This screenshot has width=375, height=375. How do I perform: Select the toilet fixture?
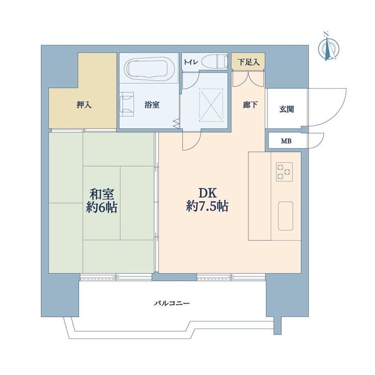[x=214, y=61]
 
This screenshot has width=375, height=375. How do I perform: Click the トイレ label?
[x=191, y=62]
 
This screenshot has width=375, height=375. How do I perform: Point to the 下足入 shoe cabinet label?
[x=248, y=62]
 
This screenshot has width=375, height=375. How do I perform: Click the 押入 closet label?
[x=84, y=105]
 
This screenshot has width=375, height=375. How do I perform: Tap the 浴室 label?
[x=152, y=105]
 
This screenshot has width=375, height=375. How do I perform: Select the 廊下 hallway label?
[x=250, y=105]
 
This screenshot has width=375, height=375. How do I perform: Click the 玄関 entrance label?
[x=287, y=109]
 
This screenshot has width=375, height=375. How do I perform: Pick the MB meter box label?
[x=286, y=141]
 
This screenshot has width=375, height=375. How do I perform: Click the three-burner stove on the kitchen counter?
[x=285, y=172]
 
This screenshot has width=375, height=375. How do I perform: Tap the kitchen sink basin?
[x=286, y=216]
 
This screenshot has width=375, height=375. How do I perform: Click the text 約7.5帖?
[x=207, y=206]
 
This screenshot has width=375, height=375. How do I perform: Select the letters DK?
[x=207, y=193]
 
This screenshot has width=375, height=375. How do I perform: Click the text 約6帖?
[x=101, y=207]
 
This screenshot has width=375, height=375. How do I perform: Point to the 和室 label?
[x=101, y=194]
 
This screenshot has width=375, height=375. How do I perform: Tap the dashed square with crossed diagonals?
[x=211, y=105]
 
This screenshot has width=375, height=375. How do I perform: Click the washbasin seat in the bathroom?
[x=127, y=104]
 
